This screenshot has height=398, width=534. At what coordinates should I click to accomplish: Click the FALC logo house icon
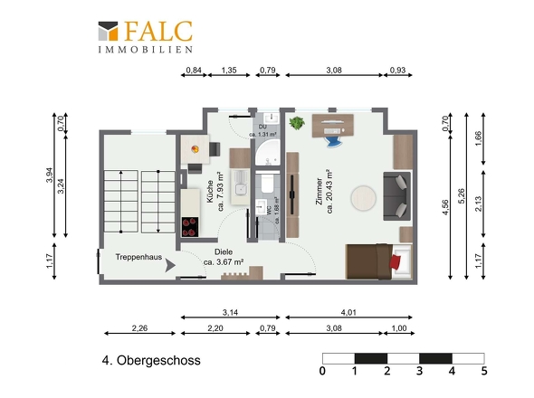pos(108,32)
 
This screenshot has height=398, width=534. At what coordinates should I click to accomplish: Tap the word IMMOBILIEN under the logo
pos(146,50)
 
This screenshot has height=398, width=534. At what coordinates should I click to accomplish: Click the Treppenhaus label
pos(138,257)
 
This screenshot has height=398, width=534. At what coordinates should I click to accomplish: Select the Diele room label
pos(224,252)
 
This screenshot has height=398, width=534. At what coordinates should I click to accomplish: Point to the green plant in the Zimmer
pos(297,123)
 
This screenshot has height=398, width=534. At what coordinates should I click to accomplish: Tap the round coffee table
pos(363,198)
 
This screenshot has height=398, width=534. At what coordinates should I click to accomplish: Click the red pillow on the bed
pos(396,261)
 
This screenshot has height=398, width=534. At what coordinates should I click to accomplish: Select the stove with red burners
pos(190,227)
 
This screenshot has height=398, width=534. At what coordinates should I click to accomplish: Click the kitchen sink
pos(241,188)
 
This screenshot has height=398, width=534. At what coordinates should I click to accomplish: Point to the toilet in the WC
pos(267,184)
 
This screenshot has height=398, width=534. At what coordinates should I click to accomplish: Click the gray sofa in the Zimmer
pos(396,196)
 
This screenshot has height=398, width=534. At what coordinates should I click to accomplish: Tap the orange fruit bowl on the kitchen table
pos(195,149)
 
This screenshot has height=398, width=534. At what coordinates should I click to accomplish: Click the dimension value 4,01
pos(348,312)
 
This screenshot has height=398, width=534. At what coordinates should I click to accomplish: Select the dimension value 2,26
pos(139,328)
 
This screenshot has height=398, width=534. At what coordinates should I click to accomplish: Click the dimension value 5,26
pos(461,196)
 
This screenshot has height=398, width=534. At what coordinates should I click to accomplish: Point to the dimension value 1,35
pos(229,71)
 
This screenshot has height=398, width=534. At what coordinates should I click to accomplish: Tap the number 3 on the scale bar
pos(419,371)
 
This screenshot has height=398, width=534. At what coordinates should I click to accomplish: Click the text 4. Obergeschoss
pos(151,360)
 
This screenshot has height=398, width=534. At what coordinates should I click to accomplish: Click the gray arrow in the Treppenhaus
pos(170,265)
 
